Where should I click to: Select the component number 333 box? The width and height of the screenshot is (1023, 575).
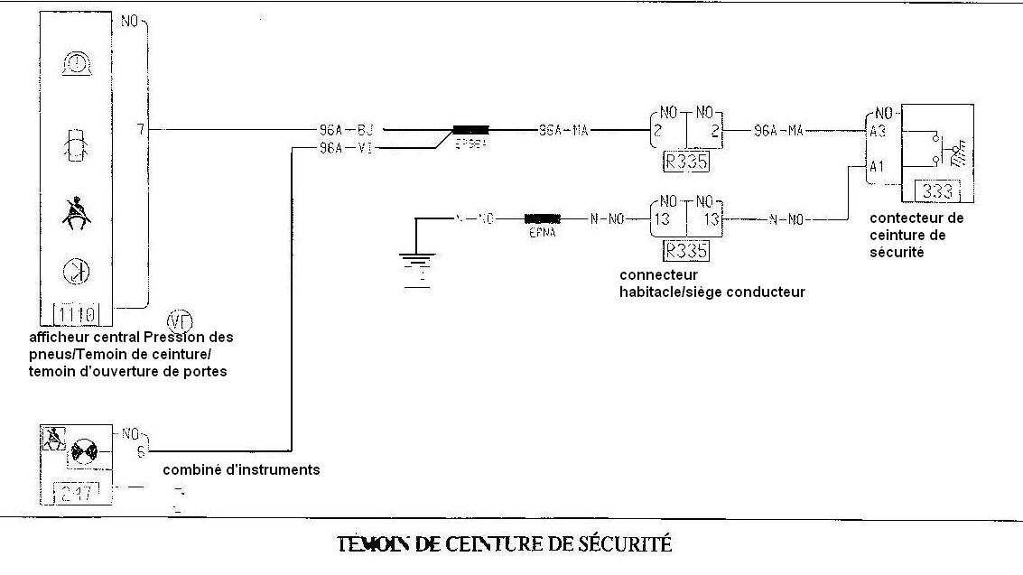pos(938,191)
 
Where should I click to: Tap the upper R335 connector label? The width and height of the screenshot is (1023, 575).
pos(685,163)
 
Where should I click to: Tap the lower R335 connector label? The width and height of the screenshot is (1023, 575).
pos(685,250)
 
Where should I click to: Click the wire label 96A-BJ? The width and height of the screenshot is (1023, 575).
pos(347,130)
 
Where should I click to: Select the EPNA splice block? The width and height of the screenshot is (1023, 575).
pos(543,219)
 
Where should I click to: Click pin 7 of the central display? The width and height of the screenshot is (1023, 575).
pos(140,130)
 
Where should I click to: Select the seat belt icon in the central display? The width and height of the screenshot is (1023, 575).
pos(76,213)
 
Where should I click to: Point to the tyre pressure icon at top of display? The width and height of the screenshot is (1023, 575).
pos(76,62)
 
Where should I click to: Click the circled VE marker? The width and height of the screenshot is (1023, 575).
pos(180,320)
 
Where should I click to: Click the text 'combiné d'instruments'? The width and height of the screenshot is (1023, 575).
pos(241,470)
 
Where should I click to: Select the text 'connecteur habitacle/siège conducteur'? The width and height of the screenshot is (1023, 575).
pos(711,283)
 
